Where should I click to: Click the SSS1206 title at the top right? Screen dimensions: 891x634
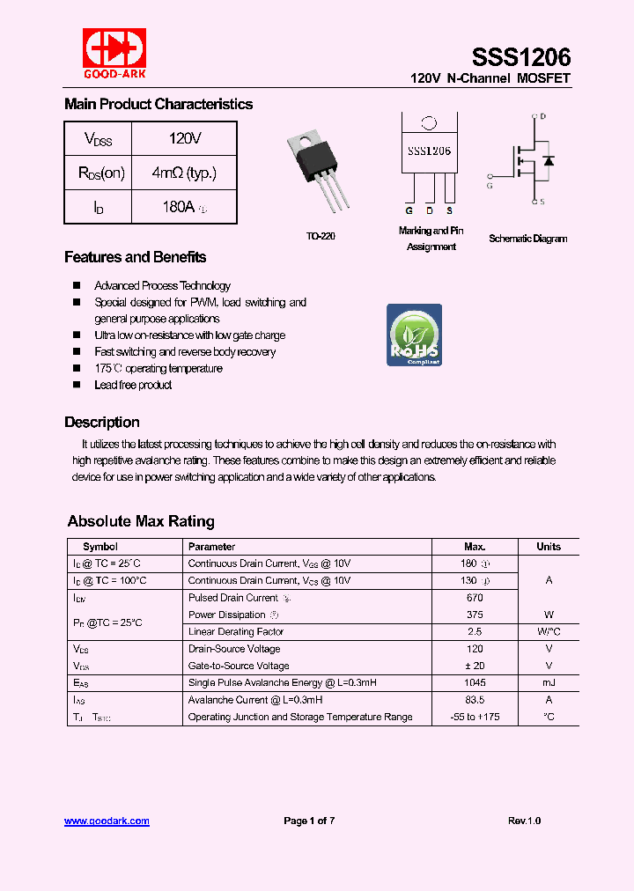(x=521, y=58)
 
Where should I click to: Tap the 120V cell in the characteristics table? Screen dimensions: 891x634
(x=184, y=138)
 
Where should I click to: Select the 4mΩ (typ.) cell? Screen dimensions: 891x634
(x=184, y=173)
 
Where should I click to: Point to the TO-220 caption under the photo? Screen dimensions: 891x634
(x=321, y=237)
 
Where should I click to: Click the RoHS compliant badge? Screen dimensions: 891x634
(x=414, y=335)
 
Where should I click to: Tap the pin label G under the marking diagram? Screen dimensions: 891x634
(x=409, y=211)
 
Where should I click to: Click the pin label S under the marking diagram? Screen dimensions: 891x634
(x=449, y=211)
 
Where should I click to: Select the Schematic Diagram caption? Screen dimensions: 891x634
(x=527, y=239)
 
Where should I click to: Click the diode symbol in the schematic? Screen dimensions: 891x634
(x=549, y=161)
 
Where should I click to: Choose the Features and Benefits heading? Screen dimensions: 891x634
(x=135, y=257)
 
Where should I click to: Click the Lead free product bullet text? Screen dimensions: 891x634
(x=133, y=385)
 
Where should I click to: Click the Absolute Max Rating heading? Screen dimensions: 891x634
(x=141, y=521)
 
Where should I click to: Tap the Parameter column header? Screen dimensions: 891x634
(x=211, y=547)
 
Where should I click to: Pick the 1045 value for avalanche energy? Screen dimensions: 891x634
(x=475, y=683)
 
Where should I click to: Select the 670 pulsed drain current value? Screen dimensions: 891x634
(x=475, y=598)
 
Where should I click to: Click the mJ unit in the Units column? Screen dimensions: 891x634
(x=549, y=683)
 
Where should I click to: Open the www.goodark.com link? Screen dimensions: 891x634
(x=107, y=821)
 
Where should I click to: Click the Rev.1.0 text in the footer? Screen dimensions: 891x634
(x=524, y=821)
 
